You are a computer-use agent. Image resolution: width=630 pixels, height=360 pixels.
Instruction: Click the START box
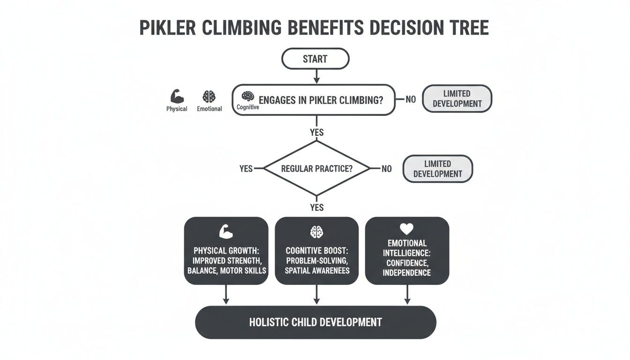[315, 59]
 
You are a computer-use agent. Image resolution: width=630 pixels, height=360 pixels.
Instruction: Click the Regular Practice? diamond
[317, 168]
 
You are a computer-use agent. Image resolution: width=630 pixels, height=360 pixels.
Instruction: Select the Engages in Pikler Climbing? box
[314, 100]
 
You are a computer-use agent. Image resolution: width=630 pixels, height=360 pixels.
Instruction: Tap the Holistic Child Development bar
[315, 322]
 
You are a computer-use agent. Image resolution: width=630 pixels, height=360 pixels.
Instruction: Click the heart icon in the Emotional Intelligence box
[406, 229]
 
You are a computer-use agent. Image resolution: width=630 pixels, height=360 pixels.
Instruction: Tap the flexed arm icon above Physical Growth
[226, 232]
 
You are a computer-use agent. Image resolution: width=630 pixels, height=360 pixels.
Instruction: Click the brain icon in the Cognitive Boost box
[317, 232]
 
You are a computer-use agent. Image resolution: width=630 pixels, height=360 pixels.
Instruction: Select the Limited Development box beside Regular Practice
[437, 169]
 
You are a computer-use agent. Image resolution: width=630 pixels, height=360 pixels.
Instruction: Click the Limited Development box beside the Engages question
[457, 98]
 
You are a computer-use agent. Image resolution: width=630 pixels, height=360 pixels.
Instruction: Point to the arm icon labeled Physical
[177, 97]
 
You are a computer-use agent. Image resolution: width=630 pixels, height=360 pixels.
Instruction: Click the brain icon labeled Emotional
[209, 97]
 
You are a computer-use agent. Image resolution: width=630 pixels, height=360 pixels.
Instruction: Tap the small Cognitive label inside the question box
[247, 107]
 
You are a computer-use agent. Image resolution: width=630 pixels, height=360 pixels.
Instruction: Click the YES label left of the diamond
[246, 169]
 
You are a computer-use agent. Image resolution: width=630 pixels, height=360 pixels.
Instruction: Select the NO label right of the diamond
[386, 169]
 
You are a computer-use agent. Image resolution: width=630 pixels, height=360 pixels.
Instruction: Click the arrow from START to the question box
[316, 76]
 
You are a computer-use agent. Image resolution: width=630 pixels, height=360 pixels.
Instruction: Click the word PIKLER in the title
[168, 28]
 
